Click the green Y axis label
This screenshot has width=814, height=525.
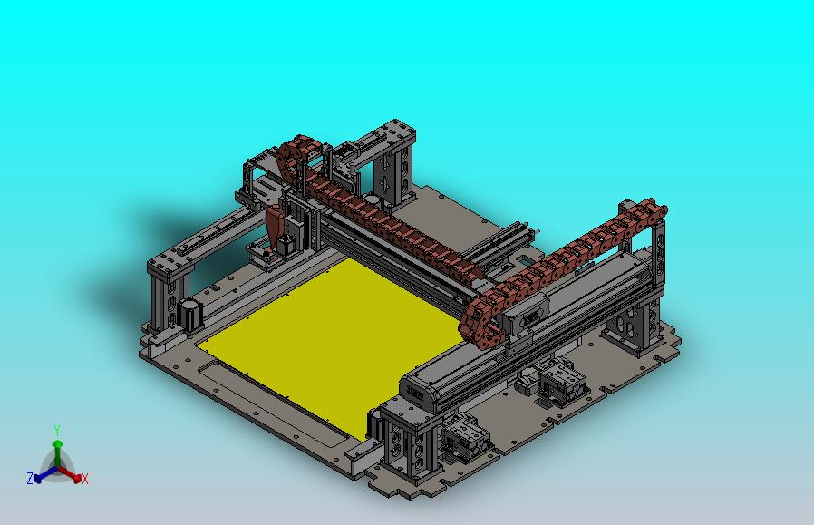tap(57, 430)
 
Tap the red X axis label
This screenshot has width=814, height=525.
tap(84, 479)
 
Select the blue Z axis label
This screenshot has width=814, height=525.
tap(30, 478)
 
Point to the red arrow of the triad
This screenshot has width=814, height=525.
tap(70, 473)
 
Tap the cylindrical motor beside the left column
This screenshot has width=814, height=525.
tap(189, 314)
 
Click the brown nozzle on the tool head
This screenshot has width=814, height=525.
tap(274, 228)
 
